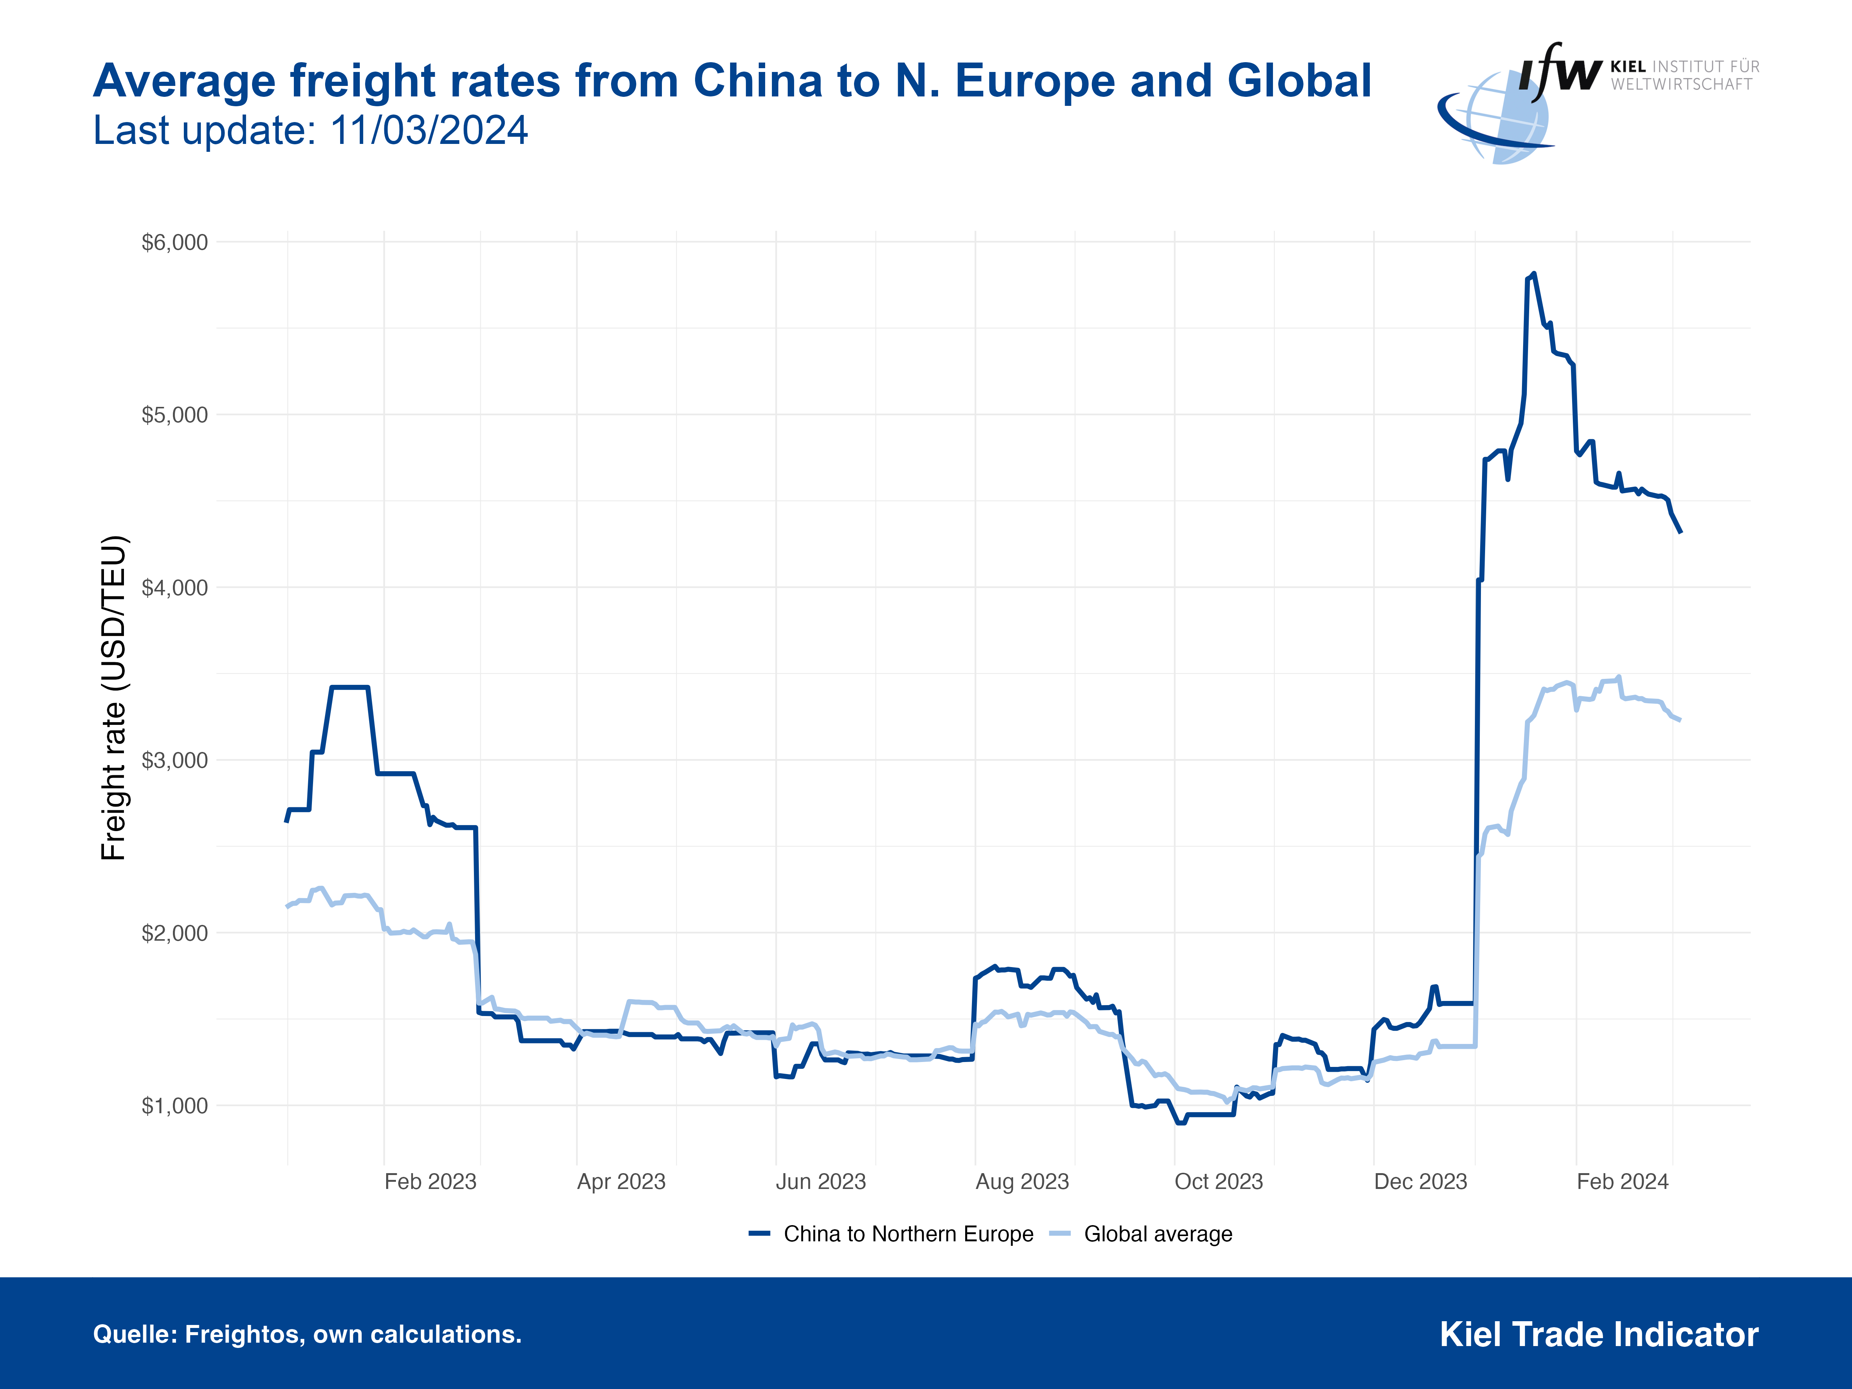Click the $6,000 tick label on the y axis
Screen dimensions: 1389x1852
pyautogui.click(x=174, y=243)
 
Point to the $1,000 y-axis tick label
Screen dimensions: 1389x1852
pyautogui.click(x=174, y=1106)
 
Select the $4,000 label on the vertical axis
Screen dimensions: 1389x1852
pyautogui.click(x=174, y=588)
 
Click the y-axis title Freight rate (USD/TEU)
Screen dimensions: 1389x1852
pyautogui.click(x=114, y=697)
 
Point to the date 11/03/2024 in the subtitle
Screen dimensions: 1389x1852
pyautogui.click(x=429, y=131)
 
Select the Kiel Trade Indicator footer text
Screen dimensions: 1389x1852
pyautogui.click(x=1598, y=1335)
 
